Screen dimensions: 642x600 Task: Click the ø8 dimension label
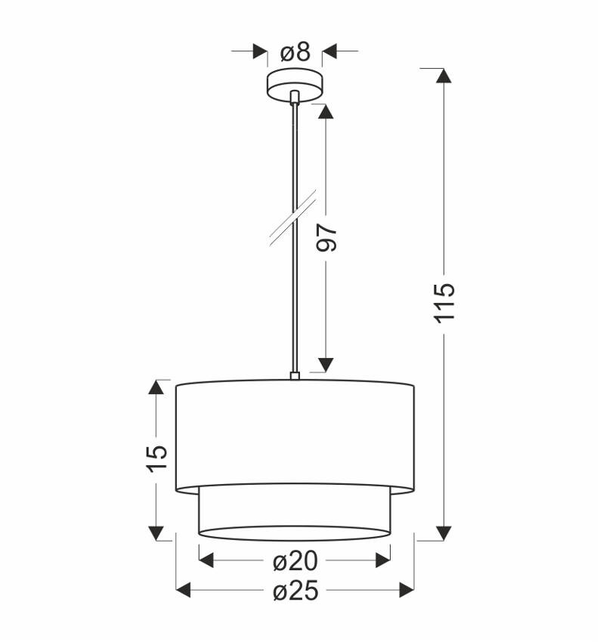pos(295,52)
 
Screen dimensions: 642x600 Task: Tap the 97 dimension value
pos(326,236)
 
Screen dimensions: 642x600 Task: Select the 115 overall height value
pos(444,301)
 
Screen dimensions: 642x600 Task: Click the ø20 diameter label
pos(295,561)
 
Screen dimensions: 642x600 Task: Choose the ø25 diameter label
pos(295,591)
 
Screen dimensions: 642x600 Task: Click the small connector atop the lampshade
pos(295,375)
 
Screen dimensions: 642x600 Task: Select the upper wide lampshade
pos(295,434)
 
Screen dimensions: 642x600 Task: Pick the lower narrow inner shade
pos(295,514)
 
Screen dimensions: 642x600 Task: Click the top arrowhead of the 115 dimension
pos(444,76)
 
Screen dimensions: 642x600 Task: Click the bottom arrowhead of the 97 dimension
pos(326,364)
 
